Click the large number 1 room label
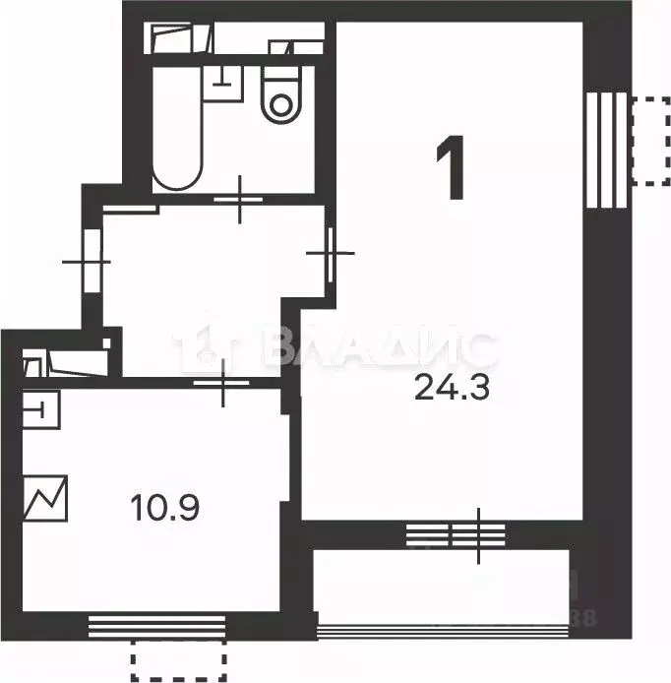point(452,169)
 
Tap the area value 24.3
point(452,388)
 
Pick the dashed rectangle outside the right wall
point(649,140)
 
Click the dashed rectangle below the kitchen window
point(179,661)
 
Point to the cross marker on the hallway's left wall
point(87,262)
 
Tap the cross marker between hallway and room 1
point(330,253)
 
